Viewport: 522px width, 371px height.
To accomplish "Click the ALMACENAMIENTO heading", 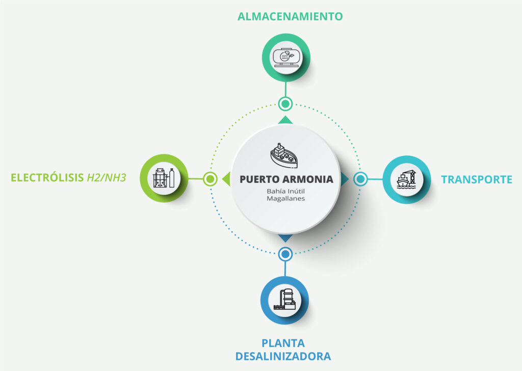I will coord(290,16).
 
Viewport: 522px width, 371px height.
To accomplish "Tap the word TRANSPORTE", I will coord(477,179).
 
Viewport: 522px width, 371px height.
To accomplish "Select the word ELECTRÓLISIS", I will coord(47,178).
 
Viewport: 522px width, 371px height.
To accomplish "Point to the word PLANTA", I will coord(283,343).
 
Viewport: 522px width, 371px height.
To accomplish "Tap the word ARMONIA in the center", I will coord(308,179).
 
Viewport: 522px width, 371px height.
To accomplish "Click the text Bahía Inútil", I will coord(285,191).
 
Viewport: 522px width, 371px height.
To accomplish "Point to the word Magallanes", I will coord(285,199).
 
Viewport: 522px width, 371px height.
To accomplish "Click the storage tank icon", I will coord(285,58).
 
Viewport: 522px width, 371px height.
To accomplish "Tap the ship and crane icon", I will coord(406,179).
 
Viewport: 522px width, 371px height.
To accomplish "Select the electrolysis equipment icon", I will coord(164,178).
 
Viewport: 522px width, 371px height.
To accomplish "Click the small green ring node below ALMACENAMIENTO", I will coord(285,104).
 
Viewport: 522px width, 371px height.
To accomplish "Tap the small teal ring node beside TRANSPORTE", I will coord(360,179).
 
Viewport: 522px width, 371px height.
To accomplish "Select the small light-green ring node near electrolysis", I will coord(210,179).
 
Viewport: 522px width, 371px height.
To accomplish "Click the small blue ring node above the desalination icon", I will coord(285,253).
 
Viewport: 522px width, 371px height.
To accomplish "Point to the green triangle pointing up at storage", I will coord(285,120).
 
